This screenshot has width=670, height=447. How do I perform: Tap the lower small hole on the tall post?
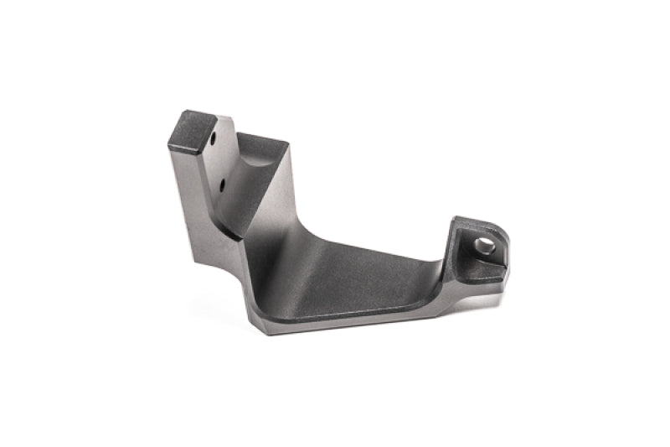click(224, 180)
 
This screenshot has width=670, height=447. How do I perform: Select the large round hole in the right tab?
click(483, 245)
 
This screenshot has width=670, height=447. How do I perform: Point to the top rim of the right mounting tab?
click(473, 221)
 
